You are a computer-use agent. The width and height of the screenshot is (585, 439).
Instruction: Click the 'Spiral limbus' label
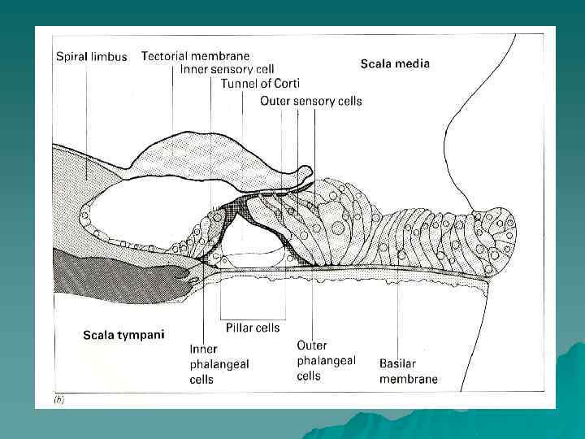tap(91, 57)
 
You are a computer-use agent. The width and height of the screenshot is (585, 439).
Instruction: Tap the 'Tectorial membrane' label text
tap(195, 56)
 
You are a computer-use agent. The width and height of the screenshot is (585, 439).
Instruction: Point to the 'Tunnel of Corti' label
tap(260, 84)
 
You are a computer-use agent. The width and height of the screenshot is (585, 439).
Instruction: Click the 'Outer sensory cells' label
tap(311, 101)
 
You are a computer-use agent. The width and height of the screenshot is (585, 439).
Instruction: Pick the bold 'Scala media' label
tap(395, 63)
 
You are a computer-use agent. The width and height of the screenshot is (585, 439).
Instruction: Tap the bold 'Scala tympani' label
tap(123, 334)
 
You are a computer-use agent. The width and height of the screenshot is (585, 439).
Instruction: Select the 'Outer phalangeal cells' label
tap(325, 360)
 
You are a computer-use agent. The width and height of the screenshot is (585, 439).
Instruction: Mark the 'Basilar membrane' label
tap(409, 371)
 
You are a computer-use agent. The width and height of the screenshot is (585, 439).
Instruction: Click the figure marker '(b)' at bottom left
tap(59, 400)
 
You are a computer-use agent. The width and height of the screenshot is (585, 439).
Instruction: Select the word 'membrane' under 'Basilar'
tap(409, 379)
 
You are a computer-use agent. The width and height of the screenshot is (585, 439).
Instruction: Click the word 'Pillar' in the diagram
tap(235, 328)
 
